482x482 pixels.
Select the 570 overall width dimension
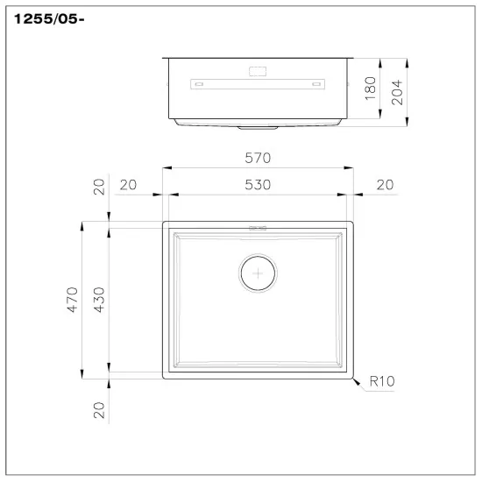coord(258,158)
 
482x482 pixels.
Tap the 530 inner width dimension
coord(258,185)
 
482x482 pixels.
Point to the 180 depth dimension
coord(370,88)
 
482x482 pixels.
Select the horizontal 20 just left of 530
coord(128,185)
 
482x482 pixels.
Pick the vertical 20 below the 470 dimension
coord(99,409)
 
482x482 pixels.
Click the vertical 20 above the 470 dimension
coord(99,186)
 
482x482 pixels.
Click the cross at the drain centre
coord(258,274)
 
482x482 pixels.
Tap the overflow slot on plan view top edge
coord(258,227)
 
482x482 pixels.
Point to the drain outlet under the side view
coord(258,127)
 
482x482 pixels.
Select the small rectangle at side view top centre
coord(258,69)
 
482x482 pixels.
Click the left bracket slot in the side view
coord(198,84)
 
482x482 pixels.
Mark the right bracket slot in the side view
coord(316,84)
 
